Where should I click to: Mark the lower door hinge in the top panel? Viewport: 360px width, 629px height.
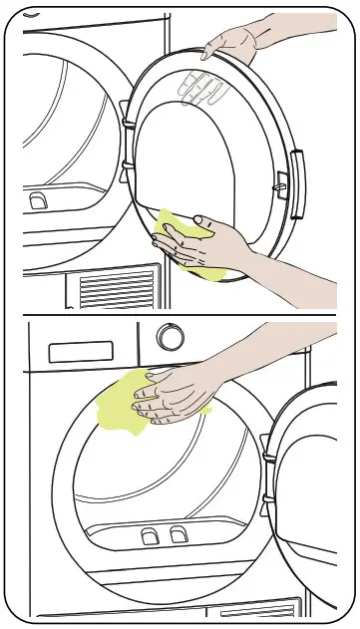click(126, 170)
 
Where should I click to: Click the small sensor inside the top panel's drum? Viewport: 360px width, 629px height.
click(38, 201)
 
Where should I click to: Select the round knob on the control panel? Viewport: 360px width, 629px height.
click(171, 338)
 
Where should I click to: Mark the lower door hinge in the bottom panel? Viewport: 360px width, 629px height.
click(265, 507)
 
